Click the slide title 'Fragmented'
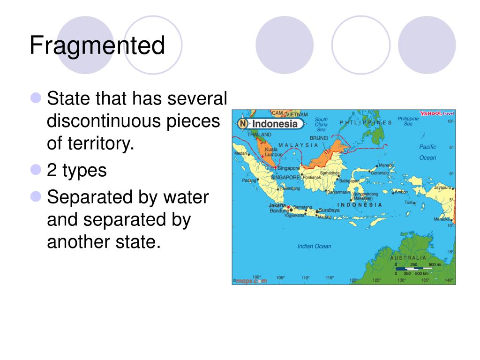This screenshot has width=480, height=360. (97, 46)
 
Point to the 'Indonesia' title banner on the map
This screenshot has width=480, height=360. (275, 124)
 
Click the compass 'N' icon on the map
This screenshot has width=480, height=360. (242, 124)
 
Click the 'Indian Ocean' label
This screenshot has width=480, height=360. (314, 246)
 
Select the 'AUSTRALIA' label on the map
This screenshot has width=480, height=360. (408, 258)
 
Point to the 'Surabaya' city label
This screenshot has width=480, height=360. (329, 210)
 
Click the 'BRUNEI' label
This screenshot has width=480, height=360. (319, 138)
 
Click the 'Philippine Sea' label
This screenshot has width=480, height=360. (408, 121)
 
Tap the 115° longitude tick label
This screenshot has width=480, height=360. (330, 277)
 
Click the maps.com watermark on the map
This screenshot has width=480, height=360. (250, 281)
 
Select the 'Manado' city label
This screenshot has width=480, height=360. (386, 165)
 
